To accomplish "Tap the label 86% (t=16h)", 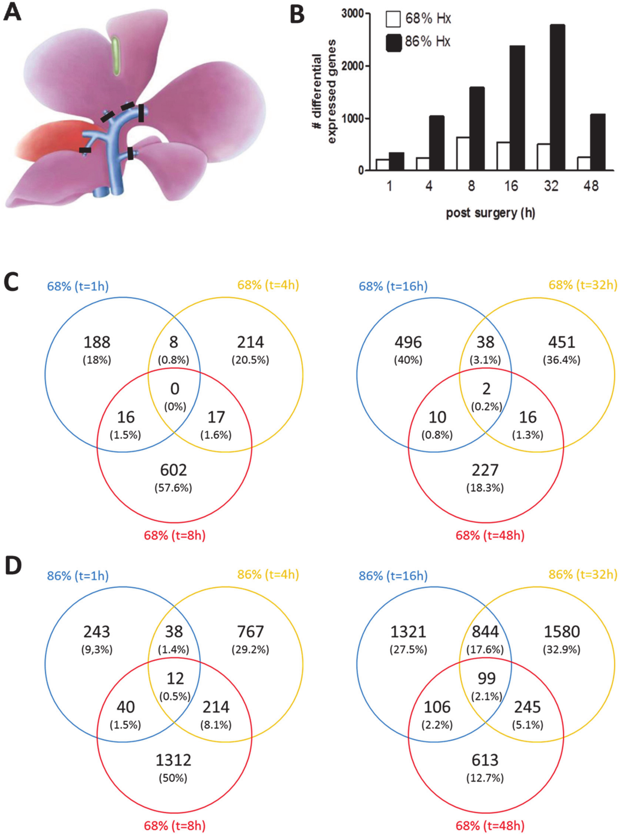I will click(x=393, y=575).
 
